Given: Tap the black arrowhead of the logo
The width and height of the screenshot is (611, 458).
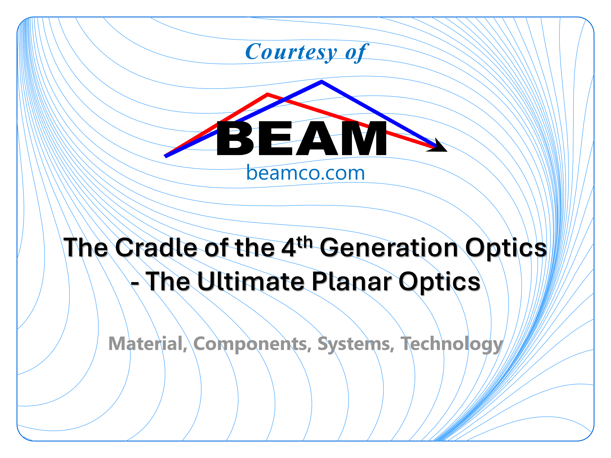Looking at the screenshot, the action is [x=438, y=146].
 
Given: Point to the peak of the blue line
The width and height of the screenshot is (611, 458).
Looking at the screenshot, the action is [x=321, y=81].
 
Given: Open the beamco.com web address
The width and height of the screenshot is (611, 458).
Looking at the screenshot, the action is [x=305, y=173].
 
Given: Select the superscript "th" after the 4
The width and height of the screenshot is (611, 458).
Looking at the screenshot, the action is [x=305, y=242].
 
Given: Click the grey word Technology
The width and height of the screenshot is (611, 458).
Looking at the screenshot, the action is [x=452, y=345].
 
